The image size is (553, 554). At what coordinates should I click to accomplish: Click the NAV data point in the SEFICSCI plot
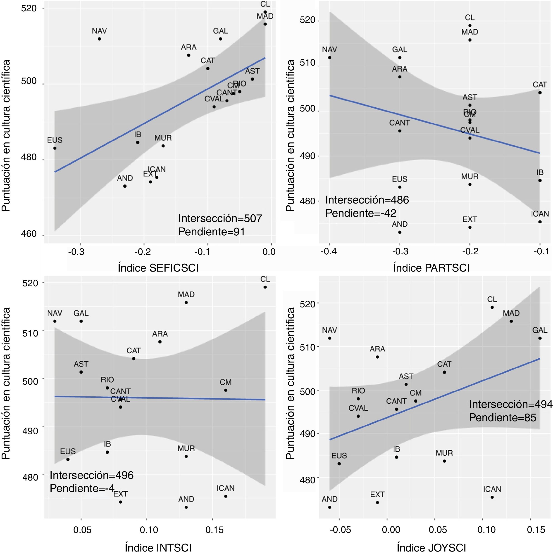tap(99, 39)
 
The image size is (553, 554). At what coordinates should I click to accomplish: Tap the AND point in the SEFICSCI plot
tap(125, 186)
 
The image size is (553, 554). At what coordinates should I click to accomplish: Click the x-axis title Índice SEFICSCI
tap(158, 268)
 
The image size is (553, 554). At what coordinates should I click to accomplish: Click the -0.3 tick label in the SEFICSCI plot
tap(76, 252)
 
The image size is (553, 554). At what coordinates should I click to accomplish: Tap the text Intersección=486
tap(367, 200)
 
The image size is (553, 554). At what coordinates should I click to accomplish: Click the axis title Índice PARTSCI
tap(431, 268)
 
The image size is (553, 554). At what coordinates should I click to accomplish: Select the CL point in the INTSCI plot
tap(265, 287)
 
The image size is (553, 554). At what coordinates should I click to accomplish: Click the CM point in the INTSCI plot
tap(226, 390)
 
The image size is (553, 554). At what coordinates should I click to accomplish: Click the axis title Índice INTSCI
tap(158, 548)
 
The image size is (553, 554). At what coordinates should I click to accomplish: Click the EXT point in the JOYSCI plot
tap(377, 502)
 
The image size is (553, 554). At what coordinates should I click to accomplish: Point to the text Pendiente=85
tap(502, 418)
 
